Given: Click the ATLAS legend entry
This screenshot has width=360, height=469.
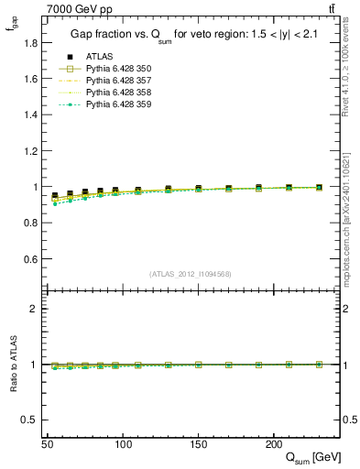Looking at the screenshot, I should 99,57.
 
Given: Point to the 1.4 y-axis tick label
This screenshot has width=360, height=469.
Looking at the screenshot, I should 30,115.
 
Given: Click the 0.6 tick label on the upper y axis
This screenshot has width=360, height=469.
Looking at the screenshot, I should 30,259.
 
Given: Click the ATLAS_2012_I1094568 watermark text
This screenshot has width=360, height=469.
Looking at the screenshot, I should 191,274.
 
